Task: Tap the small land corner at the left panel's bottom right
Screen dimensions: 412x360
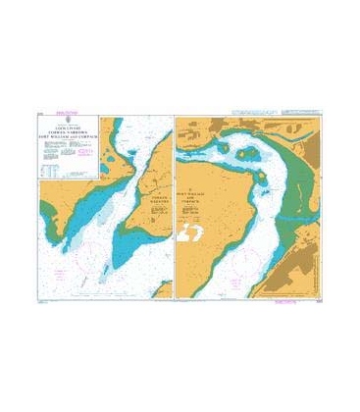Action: pos(167,289)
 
